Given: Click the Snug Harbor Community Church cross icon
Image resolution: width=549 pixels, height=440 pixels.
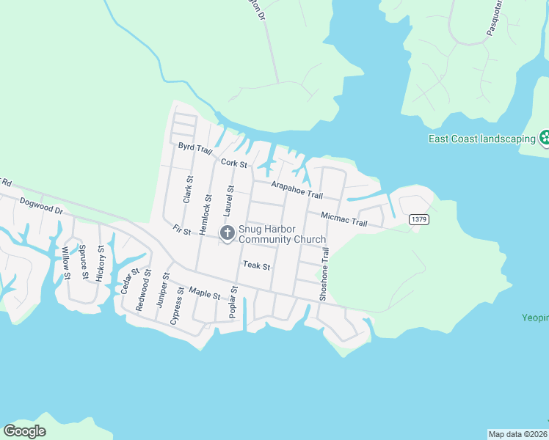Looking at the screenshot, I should click(228, 233).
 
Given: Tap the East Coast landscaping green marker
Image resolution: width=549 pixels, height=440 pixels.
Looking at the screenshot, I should click(545, 137).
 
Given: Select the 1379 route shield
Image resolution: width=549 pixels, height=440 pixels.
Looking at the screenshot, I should click(418, 219).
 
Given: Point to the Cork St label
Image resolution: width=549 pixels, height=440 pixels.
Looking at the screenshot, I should click(233, 164).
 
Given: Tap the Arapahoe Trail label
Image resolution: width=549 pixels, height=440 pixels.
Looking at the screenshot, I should click(297, 190).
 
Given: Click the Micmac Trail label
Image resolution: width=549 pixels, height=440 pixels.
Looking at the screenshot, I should click(343, 217).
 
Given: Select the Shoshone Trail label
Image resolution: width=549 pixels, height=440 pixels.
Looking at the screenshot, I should click(324, 274).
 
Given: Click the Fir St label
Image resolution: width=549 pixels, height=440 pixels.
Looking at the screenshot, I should click(181, 230).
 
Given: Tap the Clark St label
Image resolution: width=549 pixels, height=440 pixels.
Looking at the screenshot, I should click(188, 189).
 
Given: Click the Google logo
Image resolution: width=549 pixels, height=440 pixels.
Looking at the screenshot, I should click(25, 431).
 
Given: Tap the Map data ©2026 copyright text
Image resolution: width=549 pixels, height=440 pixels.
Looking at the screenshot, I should click(517, 433).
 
